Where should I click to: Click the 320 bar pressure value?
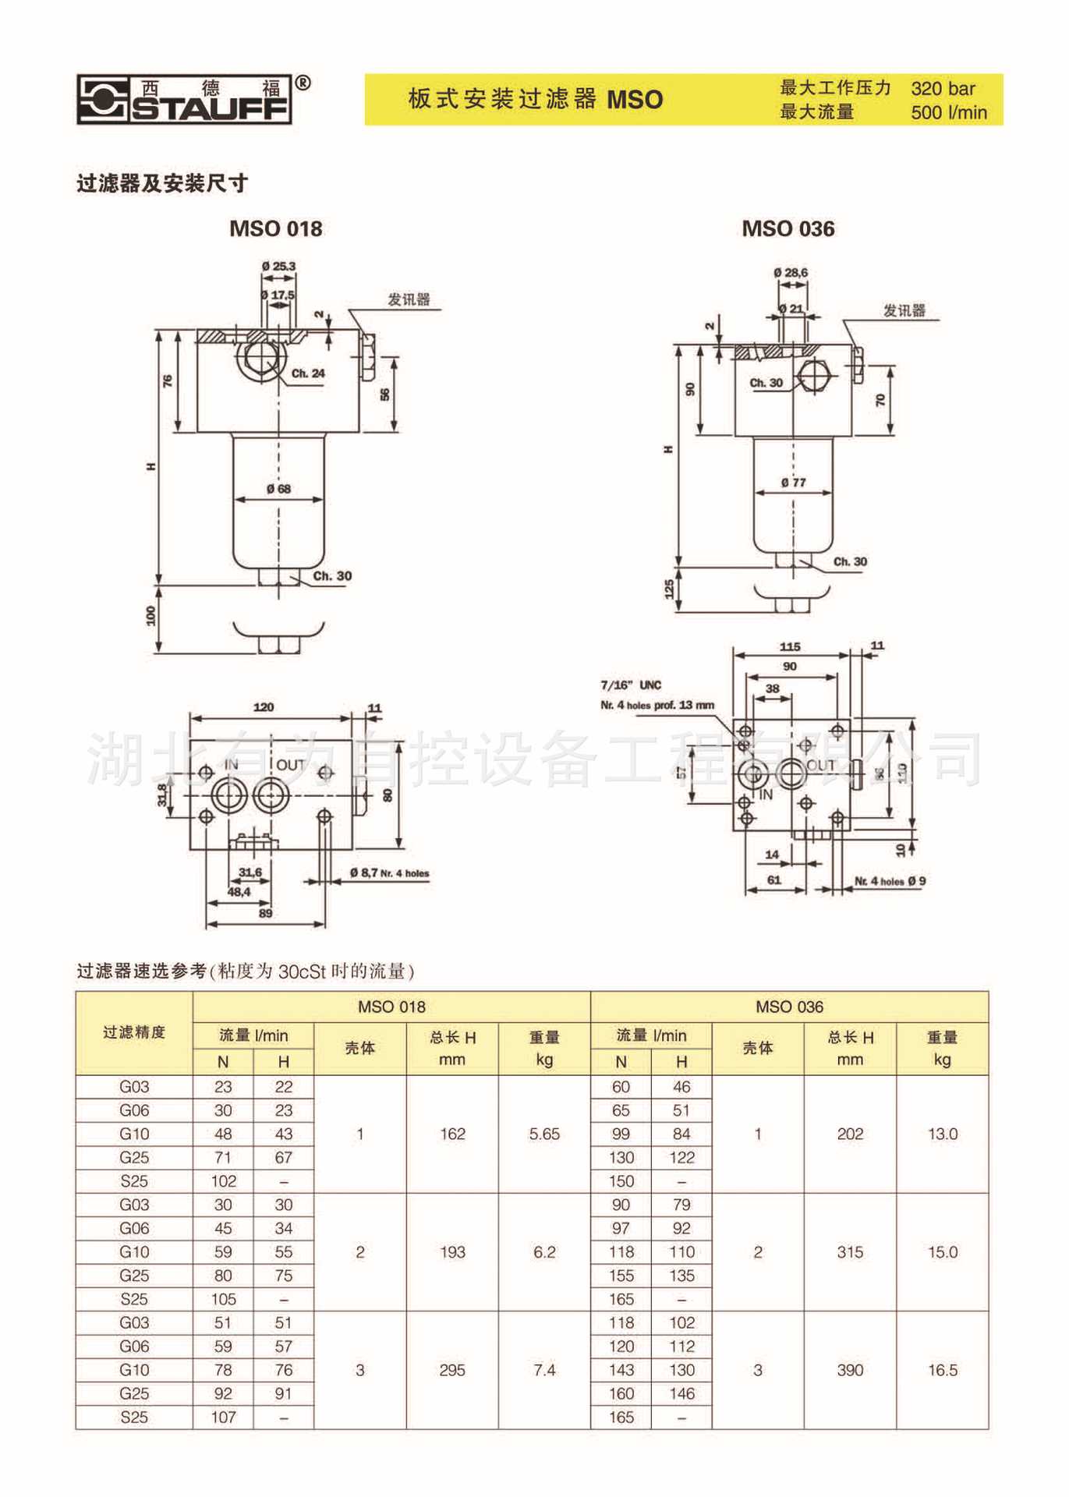pos(943,88)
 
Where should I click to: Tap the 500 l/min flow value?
pos(948,112)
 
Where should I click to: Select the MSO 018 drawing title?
pos(275,228)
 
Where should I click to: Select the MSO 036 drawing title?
pos(788,228)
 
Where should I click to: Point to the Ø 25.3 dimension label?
pos(278,267)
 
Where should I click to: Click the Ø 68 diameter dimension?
pos(278,489)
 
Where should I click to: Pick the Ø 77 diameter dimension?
pos(793,483)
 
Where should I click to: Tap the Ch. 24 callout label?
pos(308,373)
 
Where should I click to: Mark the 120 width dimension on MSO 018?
pos(264,707)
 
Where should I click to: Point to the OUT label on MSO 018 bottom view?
pos(291,765)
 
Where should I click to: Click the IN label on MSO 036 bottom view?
pos(766,795)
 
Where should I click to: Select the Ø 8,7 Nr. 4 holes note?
pos(389,873)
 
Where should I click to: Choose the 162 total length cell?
pos(452,1134)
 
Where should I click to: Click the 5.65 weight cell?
pos(544,1134)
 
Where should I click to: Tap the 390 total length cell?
pos(850,1370)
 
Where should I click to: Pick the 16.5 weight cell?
pos(942,1370)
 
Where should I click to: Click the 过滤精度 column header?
pos(134,1032)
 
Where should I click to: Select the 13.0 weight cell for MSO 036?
pos(942,1134)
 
